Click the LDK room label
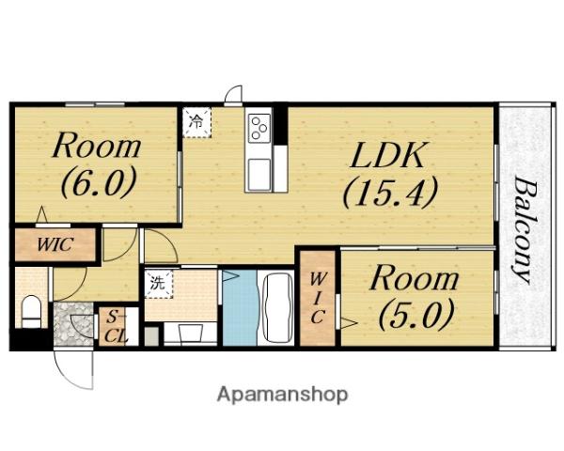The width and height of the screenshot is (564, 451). (386, 155)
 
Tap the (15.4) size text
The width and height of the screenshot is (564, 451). (390, 192)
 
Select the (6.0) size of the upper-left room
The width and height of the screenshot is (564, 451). (99, 181)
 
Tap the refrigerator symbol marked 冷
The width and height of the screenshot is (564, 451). (196, 122)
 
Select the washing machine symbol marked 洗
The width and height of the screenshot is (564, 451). (159, 284)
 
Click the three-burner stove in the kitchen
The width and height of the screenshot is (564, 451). (259, 127)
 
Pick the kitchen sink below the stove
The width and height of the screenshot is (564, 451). (258, 175)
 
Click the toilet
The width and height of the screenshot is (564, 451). (32, 311)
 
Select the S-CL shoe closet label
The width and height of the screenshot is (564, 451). (116, 327)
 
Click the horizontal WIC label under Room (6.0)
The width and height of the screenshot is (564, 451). (55, 244)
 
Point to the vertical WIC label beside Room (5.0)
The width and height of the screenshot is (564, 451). (317, 298)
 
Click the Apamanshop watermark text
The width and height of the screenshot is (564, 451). (282, 395)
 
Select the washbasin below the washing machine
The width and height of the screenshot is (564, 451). (190, 333)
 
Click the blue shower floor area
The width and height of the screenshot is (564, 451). (241, 308)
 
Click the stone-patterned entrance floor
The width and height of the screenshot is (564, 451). (72, 325)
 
